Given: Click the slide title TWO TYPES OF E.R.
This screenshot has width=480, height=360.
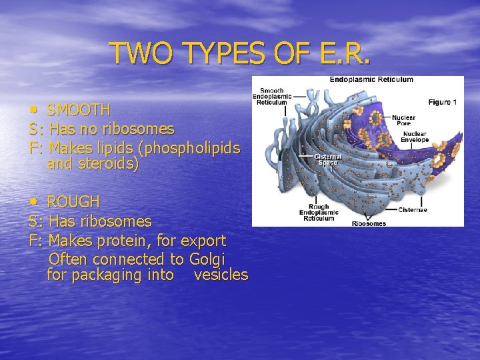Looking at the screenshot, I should [239, 53].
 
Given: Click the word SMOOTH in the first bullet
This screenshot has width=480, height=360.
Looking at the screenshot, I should [79, 109].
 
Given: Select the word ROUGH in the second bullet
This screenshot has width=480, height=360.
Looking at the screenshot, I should [73, 201].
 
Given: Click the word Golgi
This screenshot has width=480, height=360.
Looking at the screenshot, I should [207, 258].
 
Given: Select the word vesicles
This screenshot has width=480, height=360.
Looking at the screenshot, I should [221, 275].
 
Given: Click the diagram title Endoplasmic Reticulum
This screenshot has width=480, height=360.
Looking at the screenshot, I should [371, 80].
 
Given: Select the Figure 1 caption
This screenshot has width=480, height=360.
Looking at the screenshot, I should [442, 103].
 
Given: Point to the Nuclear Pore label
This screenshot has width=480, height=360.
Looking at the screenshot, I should [403, 120].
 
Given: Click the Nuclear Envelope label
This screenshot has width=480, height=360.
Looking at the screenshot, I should [414, 137].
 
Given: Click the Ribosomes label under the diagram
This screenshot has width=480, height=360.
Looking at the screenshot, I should [368, 223].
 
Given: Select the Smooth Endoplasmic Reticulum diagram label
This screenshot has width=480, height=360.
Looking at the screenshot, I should [271, 96].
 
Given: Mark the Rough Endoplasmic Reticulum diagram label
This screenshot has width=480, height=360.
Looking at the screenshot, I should [317, 212].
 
